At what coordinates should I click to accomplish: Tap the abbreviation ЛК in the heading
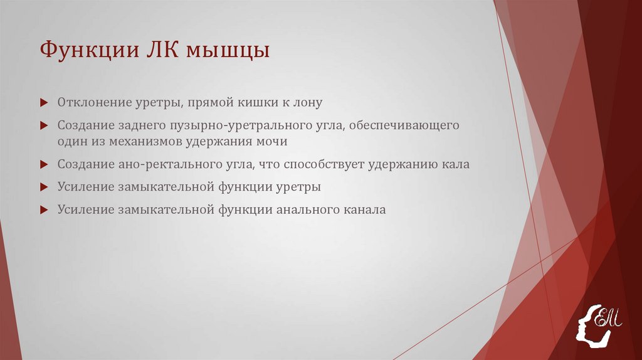pos(157,50)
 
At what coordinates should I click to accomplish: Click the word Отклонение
pos(93,102)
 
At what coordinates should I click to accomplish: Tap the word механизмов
pos(145,142)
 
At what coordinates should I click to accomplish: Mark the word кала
pos(456,165)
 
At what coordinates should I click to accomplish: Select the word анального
pos(305,210)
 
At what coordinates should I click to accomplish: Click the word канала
pos(364,210)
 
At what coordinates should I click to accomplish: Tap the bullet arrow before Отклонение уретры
pos(43,102)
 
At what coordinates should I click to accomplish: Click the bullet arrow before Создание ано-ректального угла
pos(43,165)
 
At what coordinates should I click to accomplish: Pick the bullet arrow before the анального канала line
pos(43,210)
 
